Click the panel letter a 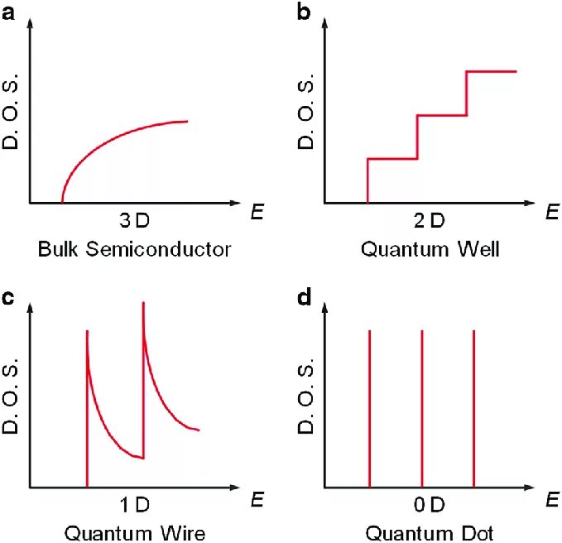pos(9,11)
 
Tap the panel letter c pos(9,297)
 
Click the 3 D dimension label pos(134,221)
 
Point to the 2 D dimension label pos(429,221)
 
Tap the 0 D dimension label pos(429,505)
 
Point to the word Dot pos(478,531)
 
